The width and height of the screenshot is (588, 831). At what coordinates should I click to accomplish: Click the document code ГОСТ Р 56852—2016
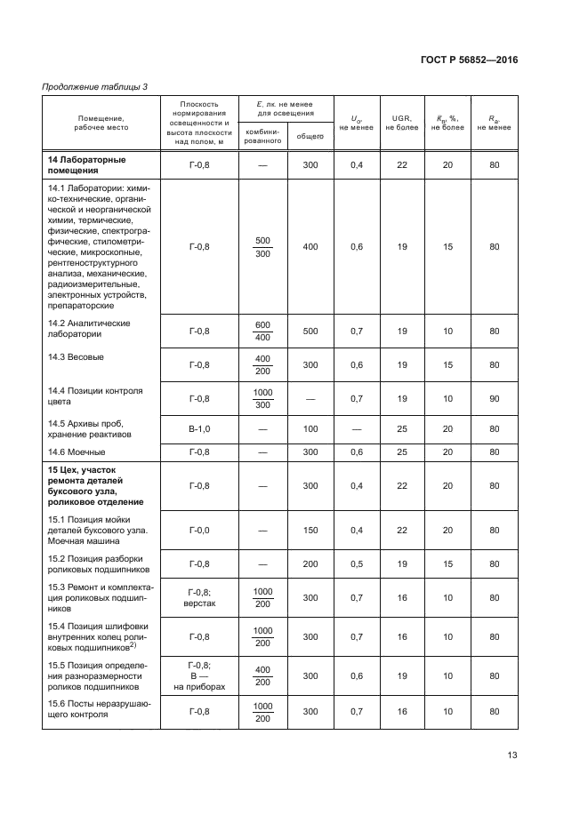pyautogui.click(x=469, y=60)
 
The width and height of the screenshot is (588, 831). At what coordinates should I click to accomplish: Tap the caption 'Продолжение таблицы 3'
pyautogui.click(x=95, y=86)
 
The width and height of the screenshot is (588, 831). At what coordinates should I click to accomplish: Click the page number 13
pyautogui.click(x=511, y=755)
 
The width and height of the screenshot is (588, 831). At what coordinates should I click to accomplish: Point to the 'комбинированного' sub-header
pyautogui.click(x=262, y=135)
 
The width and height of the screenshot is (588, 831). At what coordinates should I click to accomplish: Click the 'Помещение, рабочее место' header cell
pyautogui.click(x=101, y=123)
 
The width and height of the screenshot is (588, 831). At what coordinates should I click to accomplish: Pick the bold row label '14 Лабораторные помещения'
pyautogui.click(x=86, y=165)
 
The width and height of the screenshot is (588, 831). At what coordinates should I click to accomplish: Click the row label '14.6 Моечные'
pyautogui.click(x=76, y=452)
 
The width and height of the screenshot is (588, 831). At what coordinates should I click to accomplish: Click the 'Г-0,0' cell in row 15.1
pyautogui.click(x=198, y=530)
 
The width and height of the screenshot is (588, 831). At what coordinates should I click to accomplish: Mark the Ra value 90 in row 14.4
pyautogui.click(x=494, y=398)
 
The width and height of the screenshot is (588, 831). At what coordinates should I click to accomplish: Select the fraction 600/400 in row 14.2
pyautogui.click(x=262, y=332)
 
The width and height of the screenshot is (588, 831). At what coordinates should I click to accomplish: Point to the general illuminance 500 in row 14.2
pyautogui.click(x=310, y=332)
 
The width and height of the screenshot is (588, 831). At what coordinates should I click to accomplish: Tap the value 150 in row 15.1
pyautogui.click(x=310, y=530)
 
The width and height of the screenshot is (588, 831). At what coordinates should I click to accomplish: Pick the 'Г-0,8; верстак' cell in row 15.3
pyautogui.click(x=198, y=598)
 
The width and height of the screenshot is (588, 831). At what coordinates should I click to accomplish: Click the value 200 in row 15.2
pyautogui.click(x=310, y=563)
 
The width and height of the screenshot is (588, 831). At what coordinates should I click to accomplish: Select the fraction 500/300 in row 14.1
pyautogui.click(x=262, y=247)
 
